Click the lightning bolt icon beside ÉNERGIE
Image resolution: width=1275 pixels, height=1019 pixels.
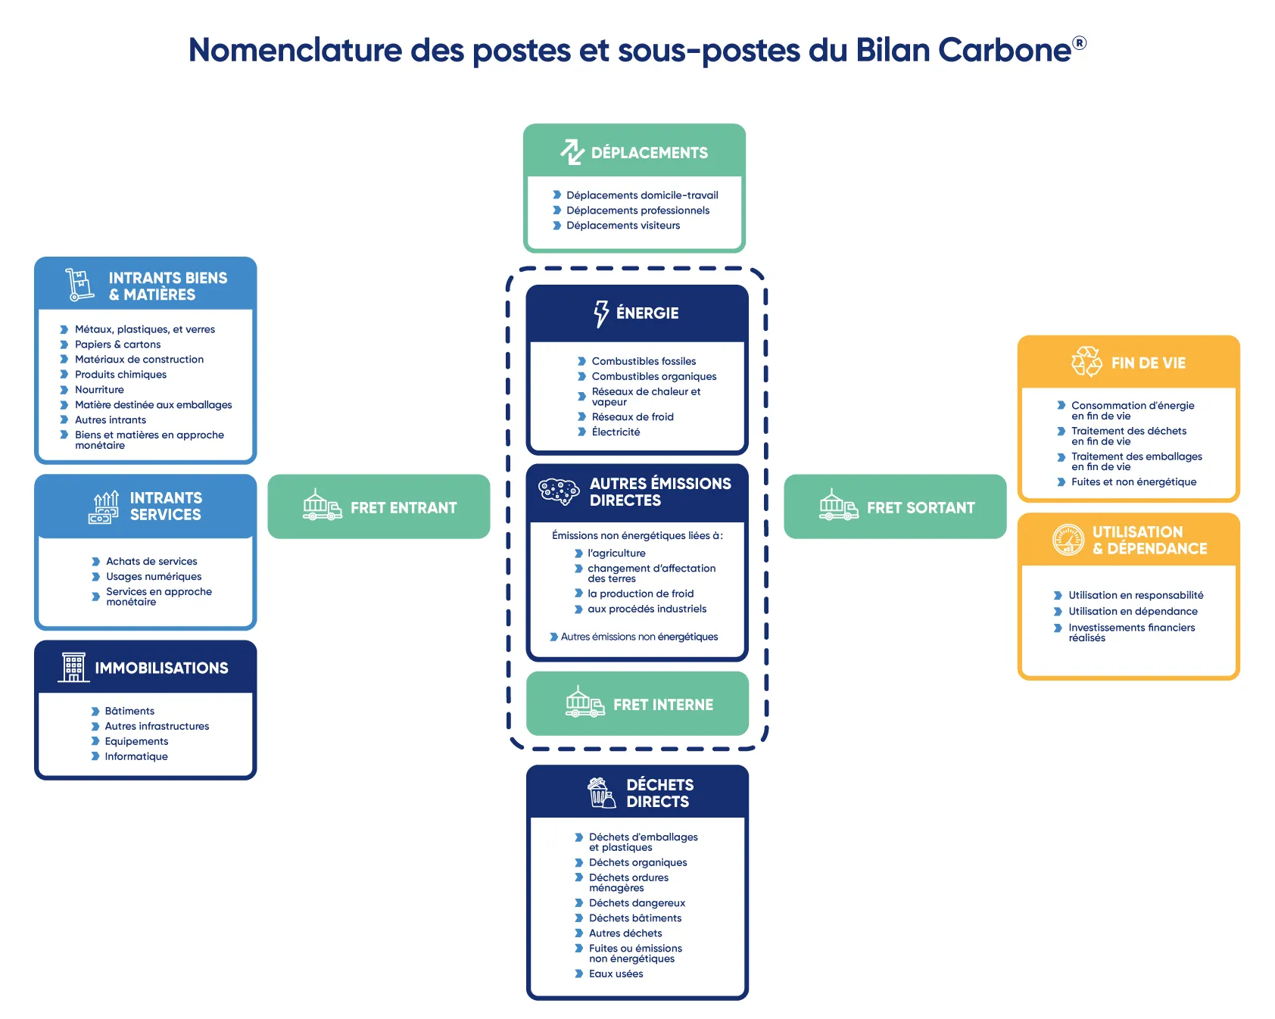pos(601,313)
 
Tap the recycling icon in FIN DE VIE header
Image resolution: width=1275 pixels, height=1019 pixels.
pos(1086,362)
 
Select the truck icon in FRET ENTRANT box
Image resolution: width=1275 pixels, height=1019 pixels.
pos(322,505)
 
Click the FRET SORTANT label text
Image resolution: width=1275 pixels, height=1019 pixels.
pos(921,508)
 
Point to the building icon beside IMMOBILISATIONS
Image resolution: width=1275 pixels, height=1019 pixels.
pos(73,667)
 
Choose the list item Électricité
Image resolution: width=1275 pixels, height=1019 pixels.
pos(616,432)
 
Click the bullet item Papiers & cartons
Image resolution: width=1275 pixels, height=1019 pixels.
pos(117,344)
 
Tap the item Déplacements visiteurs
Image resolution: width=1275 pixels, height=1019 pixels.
pos(622,226)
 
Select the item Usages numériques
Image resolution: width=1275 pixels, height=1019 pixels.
pos(154,577)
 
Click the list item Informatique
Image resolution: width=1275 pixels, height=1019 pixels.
pos(136,756)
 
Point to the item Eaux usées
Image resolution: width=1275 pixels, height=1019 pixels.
pos(616,974)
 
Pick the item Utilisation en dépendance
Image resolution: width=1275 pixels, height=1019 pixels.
pos(1133,612)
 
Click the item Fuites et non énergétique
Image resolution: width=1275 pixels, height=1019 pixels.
pos(1133,482)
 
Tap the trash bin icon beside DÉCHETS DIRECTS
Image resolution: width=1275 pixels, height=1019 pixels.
pos(601,793)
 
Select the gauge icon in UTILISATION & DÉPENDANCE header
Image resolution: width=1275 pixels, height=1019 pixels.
pos(1068,540)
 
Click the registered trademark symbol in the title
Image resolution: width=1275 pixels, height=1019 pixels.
pos(1079,43)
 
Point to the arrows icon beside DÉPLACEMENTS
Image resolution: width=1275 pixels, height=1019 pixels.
pos(572,152)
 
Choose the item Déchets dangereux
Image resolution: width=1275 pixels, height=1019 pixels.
pos(637,903)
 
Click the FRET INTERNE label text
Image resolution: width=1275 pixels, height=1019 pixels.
pos(662,705)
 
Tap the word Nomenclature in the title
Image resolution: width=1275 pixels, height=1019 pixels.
pos(295,51)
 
